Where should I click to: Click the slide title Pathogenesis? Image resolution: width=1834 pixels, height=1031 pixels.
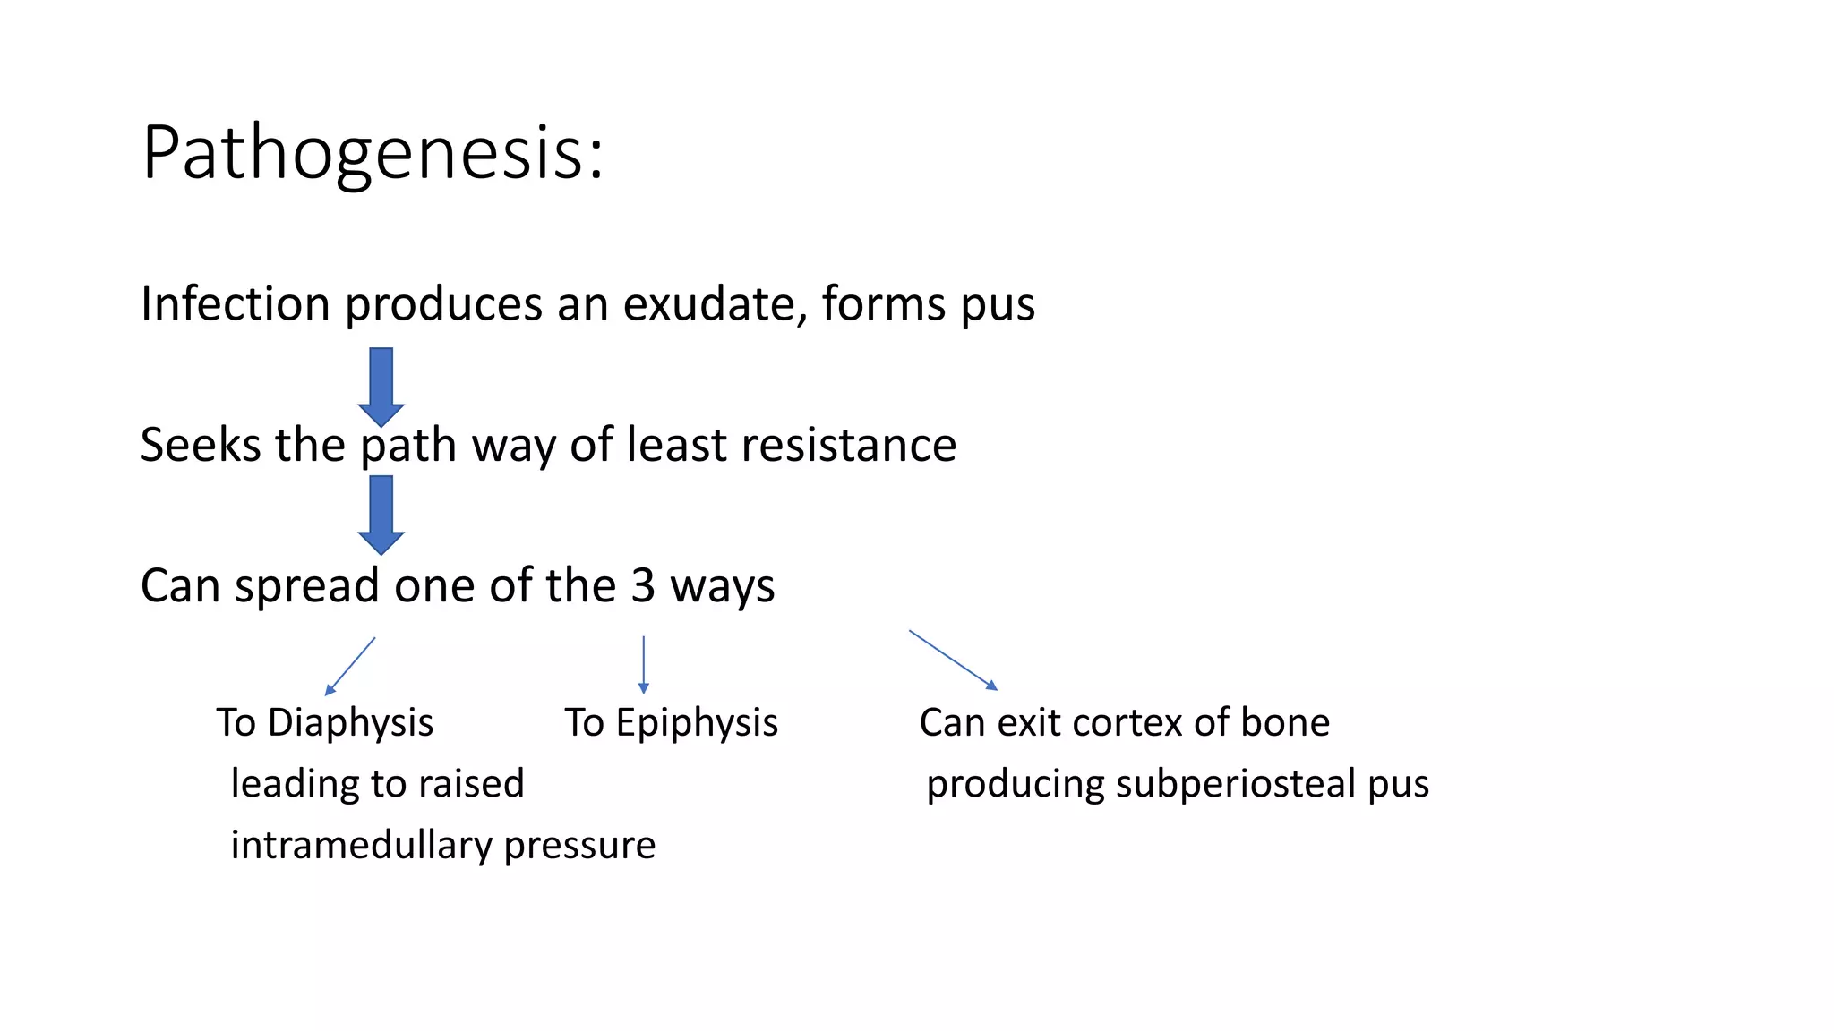click(373, 154)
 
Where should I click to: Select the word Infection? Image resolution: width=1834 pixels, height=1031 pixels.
click(236, 304)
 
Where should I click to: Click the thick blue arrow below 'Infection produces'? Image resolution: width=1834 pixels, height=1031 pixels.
click(381, 387)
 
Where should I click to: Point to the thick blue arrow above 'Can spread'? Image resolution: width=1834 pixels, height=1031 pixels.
click(381, 515)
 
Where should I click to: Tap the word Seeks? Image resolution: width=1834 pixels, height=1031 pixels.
click(200, 445)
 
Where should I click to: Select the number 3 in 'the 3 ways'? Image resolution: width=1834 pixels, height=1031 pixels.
click(643, 586)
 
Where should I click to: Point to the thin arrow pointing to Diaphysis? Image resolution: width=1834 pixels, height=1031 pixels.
click(350, 666)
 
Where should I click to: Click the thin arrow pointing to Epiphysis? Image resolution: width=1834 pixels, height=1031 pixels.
click(643, 664)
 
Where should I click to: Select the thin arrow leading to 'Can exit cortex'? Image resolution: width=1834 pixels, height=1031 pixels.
click(953, 660)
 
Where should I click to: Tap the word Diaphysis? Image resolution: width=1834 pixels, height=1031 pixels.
click(350, 723)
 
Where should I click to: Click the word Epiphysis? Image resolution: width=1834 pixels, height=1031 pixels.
click(697, 723)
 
